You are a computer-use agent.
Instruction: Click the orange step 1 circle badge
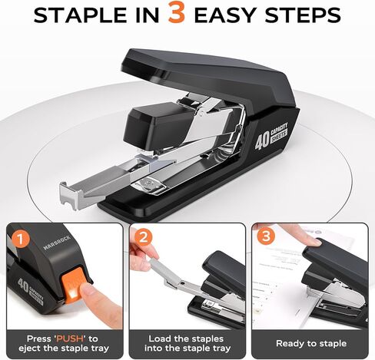coord(23,239)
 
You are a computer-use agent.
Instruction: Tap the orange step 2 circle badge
coord(144,239)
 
